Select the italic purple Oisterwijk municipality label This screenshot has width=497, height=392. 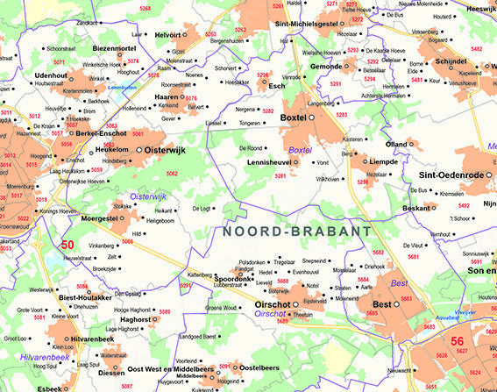[x=147, y=196]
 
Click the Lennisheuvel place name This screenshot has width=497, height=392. [x=268, y=162]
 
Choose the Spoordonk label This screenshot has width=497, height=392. [x=236, y=278]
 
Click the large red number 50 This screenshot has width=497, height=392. [x=67, y=246]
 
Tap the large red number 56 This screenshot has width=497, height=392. [x=457, y=340]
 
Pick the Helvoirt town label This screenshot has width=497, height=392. [x=167, y=34]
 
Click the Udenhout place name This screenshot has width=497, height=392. [x=51, y=76]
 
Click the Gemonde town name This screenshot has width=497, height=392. [x=327, y=67]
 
